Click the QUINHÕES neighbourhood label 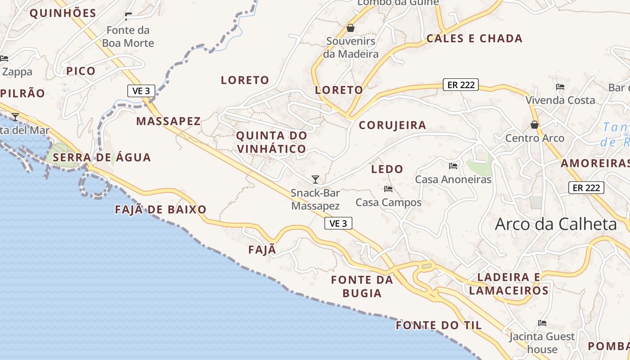[x=63, y=13]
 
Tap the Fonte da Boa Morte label [x=128, y=37]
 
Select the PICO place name [x=81, y=71]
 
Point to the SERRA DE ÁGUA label [x=102, y=157]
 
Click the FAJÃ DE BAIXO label [x=161, y=209]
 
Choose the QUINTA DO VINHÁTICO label [x=271, y=142]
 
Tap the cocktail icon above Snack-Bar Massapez [x=315, y=180]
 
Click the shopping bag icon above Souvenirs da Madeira [x=351, y=28]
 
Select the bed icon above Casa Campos [x=388, y=189]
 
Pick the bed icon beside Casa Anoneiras [x=453, y=166]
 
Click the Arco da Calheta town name [x=556, y=224]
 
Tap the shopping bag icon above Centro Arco [x=535, y=125]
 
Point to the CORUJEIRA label [x=392, y=125]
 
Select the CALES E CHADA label [x=474, y=38]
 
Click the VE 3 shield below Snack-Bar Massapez [x=338, y=223]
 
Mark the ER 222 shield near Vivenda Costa [x=460, y=84]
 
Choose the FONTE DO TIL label [x=439, y=325]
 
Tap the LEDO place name [x=387, y=169]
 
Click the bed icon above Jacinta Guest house [x=542, y=323]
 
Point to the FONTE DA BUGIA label [x=362, y=287]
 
